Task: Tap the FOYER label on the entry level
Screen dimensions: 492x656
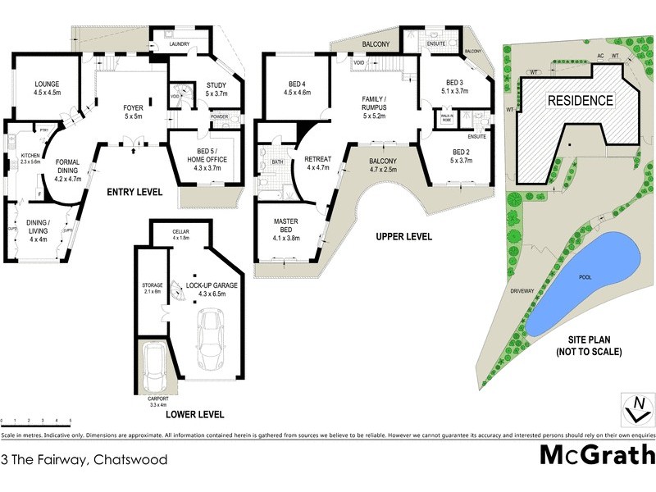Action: point(133,112)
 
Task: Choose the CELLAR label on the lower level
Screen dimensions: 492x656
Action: point(180,234)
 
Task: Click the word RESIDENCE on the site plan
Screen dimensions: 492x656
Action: point(580,101)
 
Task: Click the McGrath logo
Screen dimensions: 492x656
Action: point(597,455)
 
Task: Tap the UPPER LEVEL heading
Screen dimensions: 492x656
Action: point(403,237)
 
